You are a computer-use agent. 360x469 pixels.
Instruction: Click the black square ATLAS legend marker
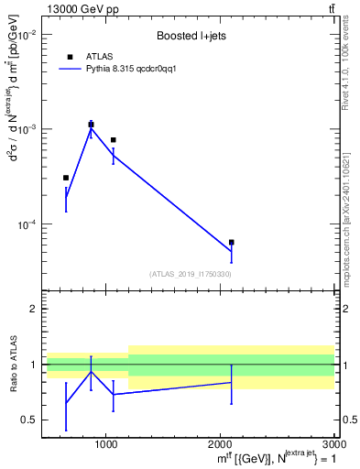[70, 57]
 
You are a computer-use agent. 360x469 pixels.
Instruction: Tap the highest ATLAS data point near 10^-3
[91, 125]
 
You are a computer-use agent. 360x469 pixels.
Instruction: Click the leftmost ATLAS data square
[66, 178]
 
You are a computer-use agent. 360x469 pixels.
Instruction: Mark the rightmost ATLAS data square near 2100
[231, 242]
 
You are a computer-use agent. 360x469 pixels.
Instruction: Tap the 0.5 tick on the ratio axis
[28, 420]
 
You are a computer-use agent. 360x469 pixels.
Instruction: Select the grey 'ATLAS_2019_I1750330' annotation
[190, 274]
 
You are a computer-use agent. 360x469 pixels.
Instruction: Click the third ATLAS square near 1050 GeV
[113, 140]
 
